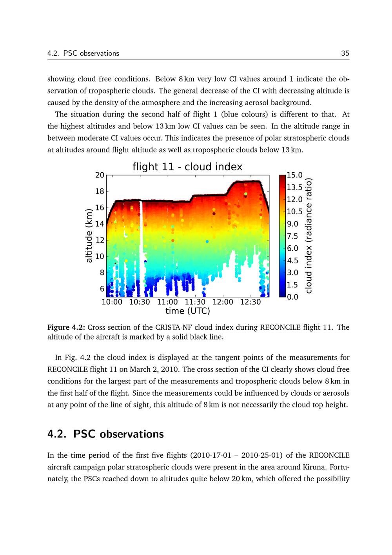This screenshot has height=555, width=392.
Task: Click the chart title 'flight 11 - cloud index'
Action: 187,166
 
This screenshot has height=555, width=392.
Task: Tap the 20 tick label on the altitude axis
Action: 100,175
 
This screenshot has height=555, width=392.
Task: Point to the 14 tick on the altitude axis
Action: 100,224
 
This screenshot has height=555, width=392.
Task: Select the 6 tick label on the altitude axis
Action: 102,288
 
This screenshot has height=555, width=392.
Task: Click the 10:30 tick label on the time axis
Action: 140,302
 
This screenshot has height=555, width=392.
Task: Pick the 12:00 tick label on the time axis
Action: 223,302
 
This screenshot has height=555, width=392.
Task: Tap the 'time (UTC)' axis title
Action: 188,311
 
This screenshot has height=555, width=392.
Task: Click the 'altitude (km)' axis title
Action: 89,236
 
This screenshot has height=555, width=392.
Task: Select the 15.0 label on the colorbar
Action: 294,175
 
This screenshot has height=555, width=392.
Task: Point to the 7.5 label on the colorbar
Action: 292,236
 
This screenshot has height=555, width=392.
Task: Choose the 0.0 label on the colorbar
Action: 292,297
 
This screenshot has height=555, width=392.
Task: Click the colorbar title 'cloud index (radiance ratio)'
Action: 309,236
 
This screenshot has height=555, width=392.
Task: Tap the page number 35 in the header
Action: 345,53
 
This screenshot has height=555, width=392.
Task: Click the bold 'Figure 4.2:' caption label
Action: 66,327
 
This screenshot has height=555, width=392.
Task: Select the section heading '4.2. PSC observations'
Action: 105,434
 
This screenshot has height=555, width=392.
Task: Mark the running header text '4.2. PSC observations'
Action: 83,53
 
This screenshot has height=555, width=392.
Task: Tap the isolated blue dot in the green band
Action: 207,241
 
